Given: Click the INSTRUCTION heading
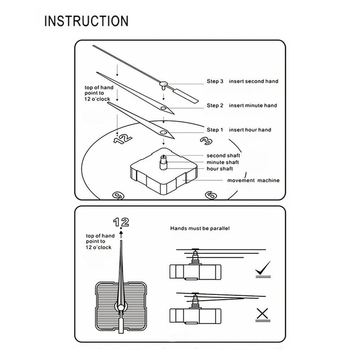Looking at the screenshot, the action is click(x=86, y=21).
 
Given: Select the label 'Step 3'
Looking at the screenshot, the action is click(x=215, y=81).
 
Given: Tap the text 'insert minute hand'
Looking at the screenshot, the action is click(x=253, y=106).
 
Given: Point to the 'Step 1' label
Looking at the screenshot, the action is click(x=215, y=130).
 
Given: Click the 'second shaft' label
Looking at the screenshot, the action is click(x=223, y=156).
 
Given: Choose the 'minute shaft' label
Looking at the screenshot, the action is click(x=223, y=162).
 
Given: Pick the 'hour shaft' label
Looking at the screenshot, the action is click(x=220, y=169).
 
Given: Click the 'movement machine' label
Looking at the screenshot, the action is click(x=254, y=181).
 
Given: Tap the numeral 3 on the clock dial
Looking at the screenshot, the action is click(x=206, y=141).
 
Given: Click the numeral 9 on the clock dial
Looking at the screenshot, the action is click(x=118, y=196).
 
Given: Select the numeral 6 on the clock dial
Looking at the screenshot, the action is click(x=211, y=195).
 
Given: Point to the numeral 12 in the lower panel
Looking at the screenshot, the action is click(x=121, y=222).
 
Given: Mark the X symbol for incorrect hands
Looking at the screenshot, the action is click(x=263, y=314).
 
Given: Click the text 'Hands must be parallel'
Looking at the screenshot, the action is click(x=200, y=228).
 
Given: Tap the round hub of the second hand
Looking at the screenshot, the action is click(x=164, y=83).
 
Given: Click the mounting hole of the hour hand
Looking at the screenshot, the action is click(x=164, y=132).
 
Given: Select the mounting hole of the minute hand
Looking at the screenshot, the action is click(x=164, y=108).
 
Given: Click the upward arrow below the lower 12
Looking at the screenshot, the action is click(x=121, y=235).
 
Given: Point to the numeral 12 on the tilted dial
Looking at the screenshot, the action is click(x=123, y=139).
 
